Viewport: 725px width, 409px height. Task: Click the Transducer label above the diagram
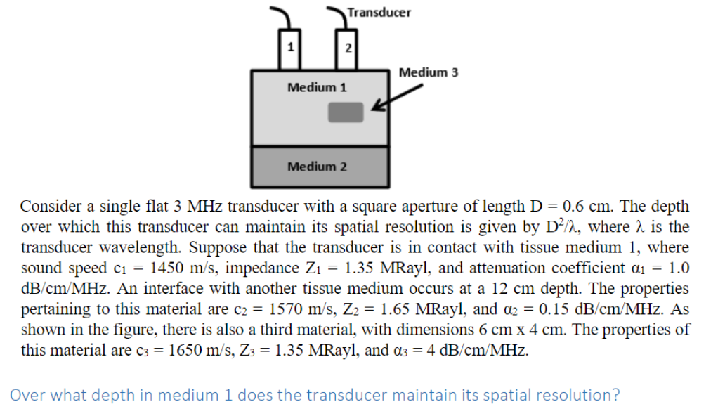point(379,13)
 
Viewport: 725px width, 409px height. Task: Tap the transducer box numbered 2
point(346,48)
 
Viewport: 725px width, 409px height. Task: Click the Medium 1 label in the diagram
point(317,88)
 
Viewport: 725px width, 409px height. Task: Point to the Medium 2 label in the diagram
point(317,167)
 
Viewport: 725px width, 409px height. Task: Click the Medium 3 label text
point(429,72)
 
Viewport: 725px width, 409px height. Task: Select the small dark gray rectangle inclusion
point(346,111)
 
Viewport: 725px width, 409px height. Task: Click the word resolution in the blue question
point(556,395)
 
